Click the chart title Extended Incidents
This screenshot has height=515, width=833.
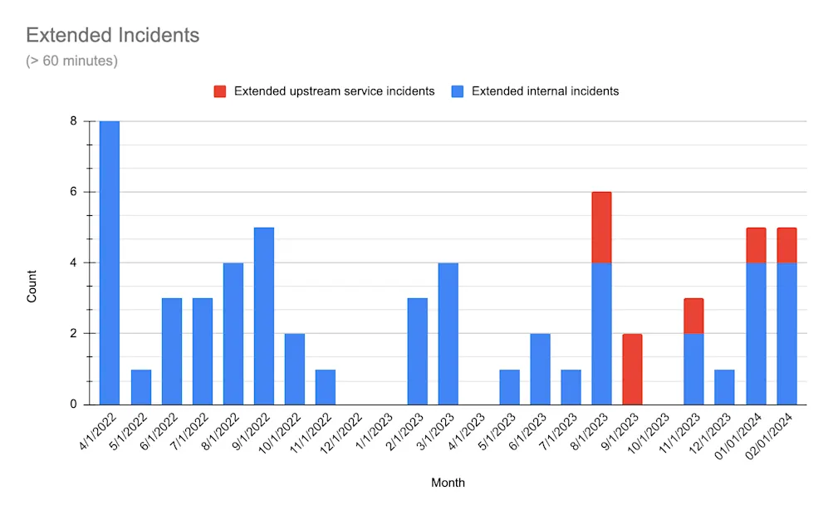(112, 36)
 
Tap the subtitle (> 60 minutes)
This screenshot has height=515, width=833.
(71, 61)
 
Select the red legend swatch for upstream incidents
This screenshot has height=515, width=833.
(220, 91)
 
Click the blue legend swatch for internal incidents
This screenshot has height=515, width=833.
(458, 91)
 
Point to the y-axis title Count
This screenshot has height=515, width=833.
(32, 286)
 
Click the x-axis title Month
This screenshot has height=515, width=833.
(448, 483)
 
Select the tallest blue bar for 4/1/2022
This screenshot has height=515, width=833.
(110, 262)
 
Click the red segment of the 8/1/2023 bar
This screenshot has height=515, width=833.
(601, 227)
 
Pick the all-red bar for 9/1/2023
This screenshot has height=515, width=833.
(632, 369)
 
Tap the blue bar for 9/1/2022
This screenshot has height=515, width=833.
(263, 316)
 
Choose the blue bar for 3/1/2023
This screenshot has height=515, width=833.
(448, 333)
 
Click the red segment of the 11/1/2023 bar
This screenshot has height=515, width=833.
(693, 316)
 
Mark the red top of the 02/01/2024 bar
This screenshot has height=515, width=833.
(786, 245)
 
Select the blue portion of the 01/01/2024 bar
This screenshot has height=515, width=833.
(755, 333)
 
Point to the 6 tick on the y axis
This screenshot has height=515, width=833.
(73, 192)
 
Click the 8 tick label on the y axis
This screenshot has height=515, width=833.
(73, 121)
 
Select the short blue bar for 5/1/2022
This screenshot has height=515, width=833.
(140, 386)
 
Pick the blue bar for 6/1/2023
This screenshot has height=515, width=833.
(540, 369)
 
